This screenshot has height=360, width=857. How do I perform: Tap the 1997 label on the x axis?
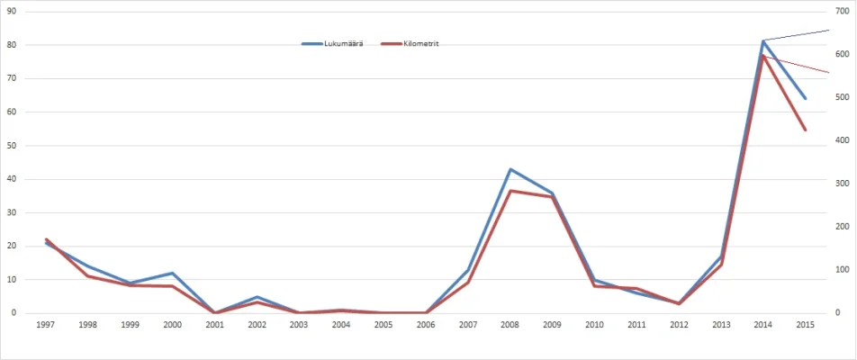click(46, 324)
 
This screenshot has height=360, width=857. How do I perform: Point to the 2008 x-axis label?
click(510, 324)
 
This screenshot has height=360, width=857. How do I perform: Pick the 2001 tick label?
click(214, 324)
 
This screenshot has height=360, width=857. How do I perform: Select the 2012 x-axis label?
click(679, 324)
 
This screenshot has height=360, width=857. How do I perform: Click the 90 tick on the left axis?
click(12, 11)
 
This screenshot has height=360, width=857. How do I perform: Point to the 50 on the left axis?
click(12, 145)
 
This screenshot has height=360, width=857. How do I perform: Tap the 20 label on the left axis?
click(12, 246)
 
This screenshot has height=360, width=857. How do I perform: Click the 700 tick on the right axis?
click(842, 11)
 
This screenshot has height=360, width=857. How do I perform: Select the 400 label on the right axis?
click(842, 140)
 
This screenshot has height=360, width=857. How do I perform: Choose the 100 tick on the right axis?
click(842, 270)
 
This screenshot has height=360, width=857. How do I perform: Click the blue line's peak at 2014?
click(763, 40)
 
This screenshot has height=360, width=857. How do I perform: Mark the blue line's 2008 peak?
click(510, 169)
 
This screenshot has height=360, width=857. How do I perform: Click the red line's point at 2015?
click(805, 130)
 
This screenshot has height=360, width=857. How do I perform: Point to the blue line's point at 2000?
click(173, 273)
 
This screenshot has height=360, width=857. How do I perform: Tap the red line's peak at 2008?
click(510, 191)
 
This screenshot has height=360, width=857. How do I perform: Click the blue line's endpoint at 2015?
click(805, 98)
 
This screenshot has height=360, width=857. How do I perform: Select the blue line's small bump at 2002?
click(257, 297)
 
